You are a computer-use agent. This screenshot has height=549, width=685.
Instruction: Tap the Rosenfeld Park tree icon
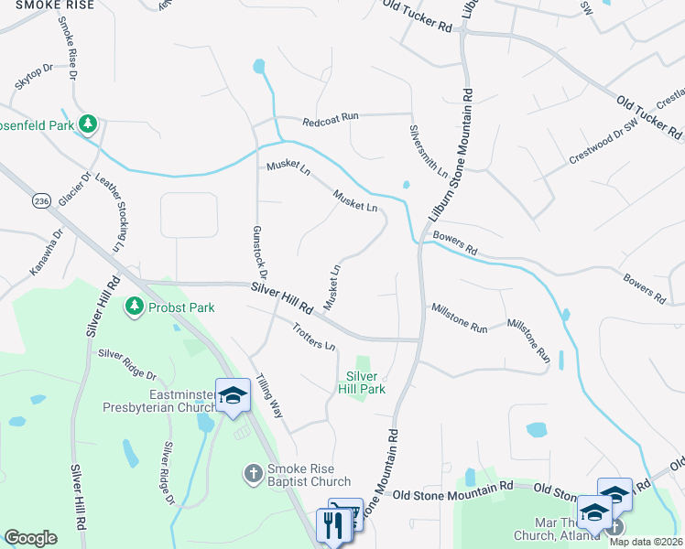(88, 123)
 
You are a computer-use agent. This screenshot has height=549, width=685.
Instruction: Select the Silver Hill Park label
(364, 382)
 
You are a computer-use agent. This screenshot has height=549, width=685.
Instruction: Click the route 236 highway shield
(40, 200)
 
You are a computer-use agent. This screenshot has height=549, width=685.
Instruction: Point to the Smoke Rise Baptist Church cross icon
(254, 473)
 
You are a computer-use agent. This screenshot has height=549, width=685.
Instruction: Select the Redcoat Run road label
(331, 119)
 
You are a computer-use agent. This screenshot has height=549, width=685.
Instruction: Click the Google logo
(30, 538)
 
